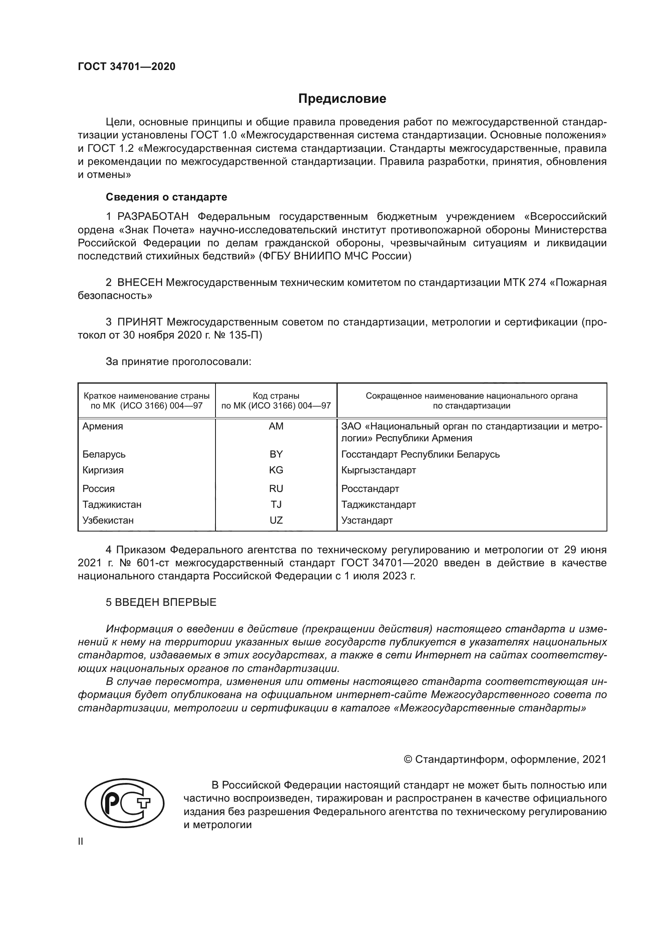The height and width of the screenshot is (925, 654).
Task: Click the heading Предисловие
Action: pos(342,99)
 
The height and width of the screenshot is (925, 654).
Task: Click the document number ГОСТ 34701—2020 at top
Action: pos(127,66)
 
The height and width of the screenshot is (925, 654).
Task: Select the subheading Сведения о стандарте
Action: pos(166,197)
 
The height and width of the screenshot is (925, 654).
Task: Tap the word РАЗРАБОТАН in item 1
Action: pos(153,217)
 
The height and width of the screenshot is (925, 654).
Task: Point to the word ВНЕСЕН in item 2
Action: pos(140,283)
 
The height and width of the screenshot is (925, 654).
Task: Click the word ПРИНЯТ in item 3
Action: pos(140,322)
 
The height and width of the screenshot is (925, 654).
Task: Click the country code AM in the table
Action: pos(276,426)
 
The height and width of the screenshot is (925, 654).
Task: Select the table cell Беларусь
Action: pos(104,454)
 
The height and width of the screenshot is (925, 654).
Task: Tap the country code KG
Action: pos(276,470)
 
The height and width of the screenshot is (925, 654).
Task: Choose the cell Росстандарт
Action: pos(370,489)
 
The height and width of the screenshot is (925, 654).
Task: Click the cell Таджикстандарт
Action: pos(378,504)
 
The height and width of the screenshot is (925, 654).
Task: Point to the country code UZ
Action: pos(276,520)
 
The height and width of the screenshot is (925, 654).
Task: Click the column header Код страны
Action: pos(276,395)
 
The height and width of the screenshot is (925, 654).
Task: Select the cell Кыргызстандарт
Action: pos(378,470)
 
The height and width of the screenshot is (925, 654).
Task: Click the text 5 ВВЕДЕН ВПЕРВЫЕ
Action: pos(161,602)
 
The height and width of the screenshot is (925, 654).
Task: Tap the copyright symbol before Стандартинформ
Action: pos(408,759)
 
